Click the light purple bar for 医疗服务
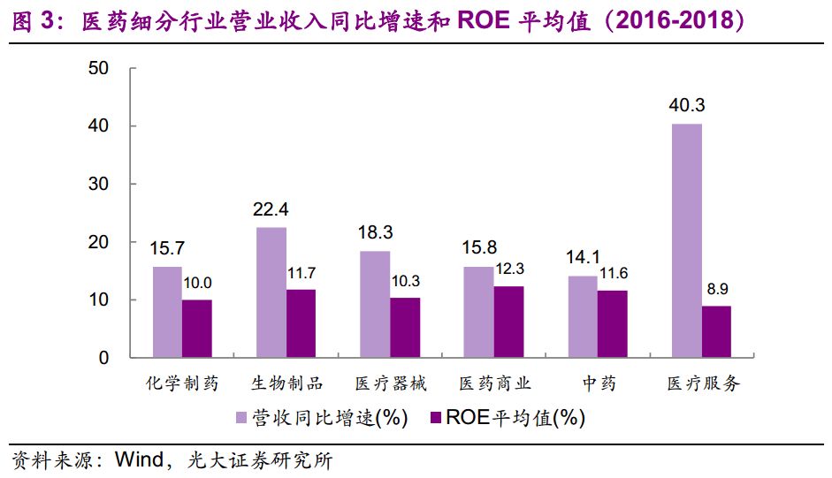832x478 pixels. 687,240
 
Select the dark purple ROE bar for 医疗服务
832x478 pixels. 716,332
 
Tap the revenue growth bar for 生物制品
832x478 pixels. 271,292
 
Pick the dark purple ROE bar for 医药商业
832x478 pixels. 508,322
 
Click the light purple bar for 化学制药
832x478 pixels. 167,312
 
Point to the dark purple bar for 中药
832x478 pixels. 613,324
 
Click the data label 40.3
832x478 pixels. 687,106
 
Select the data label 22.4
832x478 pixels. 271,209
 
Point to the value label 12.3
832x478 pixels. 509,269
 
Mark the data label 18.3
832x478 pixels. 375,233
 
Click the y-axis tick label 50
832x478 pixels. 99,69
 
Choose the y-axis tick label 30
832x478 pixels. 99,184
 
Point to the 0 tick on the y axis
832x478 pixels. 103,358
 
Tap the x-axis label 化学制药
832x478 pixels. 182,383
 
